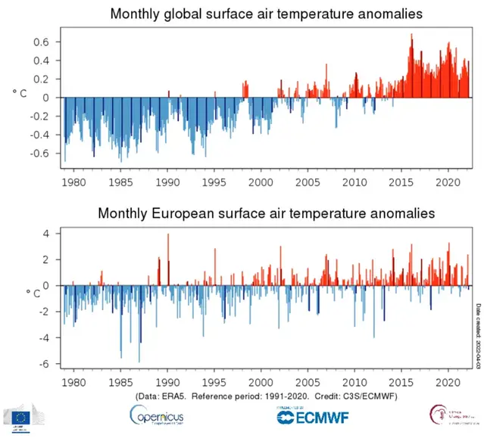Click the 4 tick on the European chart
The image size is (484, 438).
pyautogui.click(x=45, y=234)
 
